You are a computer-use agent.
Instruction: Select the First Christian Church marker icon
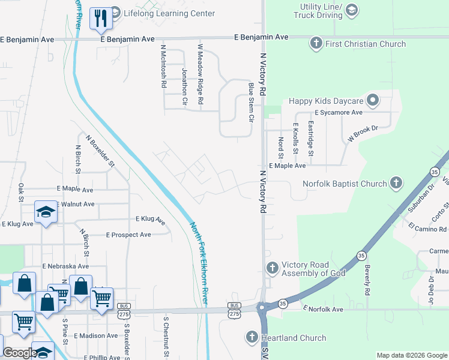(x=316, y=43)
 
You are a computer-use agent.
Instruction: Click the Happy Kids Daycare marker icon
(x=373, y=101)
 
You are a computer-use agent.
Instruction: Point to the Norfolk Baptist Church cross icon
(x=396, y=183)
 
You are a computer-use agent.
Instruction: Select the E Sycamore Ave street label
(x=339, y=112)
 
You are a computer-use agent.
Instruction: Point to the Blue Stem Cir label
(x=251, y=102)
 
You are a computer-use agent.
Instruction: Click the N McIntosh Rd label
(x=163, y=66)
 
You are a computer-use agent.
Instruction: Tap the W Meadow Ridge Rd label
(x=201, y=73)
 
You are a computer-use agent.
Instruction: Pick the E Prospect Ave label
(x=128, y=235)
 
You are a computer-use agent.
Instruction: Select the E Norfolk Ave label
(x=323, y=310)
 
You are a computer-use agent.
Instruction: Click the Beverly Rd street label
(x=366, y=279)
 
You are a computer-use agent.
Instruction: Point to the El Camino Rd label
(x=427, y=229)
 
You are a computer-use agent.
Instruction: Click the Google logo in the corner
(x=19, y=353)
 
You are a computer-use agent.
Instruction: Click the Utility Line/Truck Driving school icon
(x=352, y=10)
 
